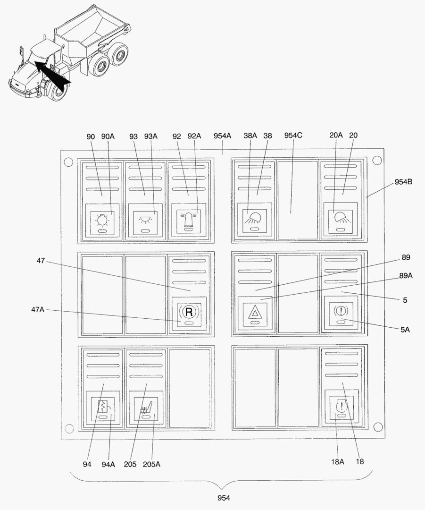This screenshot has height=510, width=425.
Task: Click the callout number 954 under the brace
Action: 224,498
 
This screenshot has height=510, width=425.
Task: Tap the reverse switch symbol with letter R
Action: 189,312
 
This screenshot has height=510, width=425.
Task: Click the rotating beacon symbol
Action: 189,219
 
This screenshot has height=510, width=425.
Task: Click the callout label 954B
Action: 403,182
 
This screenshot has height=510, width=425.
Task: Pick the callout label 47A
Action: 38,310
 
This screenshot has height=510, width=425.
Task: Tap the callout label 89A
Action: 406,276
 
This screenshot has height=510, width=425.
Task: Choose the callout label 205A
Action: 151,465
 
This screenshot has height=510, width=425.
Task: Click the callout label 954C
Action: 293,136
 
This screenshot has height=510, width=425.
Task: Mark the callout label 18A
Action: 337,461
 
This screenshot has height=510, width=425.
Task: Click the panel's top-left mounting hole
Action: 68,161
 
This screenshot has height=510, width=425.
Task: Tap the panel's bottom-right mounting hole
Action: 377,427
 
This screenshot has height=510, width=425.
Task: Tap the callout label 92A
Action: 194,136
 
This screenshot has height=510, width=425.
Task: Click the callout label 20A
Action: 336,135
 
